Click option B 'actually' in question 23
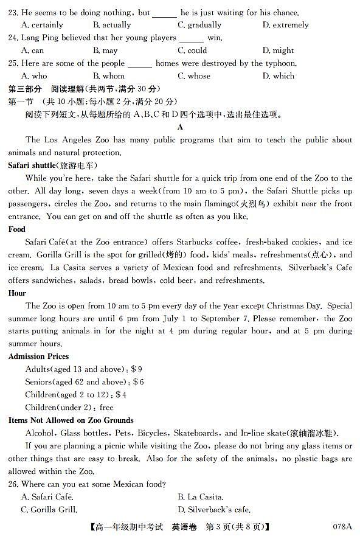(112, 25)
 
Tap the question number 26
(14, 484)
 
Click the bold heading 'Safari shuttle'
(30, 165)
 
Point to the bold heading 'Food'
(17, 229)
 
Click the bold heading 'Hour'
(18, 293)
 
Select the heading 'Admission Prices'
(39, 356)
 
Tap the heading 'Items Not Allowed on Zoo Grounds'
(71, 420)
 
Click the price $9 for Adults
(137, 369)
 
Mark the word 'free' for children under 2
(106, 408)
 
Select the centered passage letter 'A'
(180, 127)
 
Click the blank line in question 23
(165, 12)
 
